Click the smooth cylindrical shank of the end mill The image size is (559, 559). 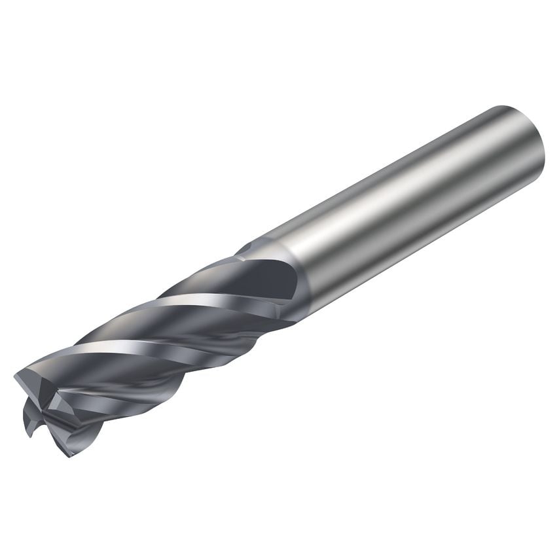coord(406,209)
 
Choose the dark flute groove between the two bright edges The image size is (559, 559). coord(164,327)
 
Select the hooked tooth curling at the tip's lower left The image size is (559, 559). coord(29,419)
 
